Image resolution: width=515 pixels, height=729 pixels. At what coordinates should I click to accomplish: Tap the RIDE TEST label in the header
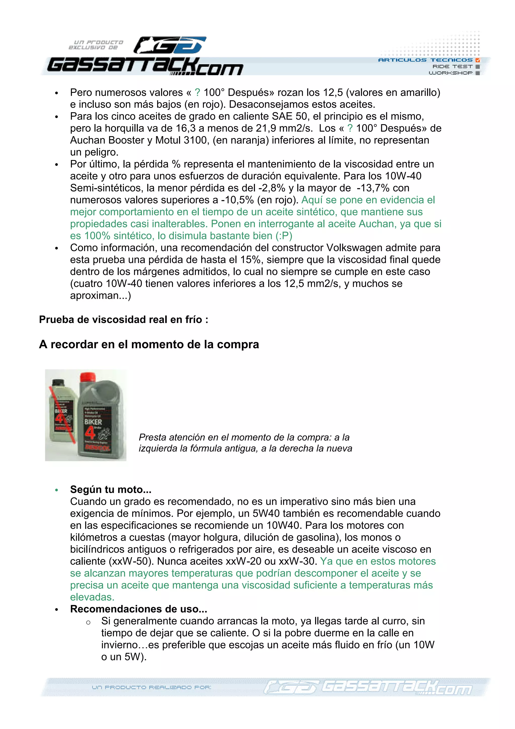tap(452, 66)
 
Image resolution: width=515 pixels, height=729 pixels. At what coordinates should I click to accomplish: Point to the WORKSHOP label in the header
tap(450, 73)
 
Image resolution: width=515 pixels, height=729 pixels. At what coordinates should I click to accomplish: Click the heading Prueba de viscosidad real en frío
tap(123, 319)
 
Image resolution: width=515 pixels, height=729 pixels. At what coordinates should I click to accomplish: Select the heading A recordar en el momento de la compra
tap(149, 344)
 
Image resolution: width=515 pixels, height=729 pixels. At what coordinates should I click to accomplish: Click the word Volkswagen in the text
tap(352, 248)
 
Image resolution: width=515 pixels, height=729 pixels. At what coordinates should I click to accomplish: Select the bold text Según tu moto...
tap(110, 489)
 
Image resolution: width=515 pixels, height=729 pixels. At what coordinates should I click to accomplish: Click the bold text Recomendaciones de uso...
tap(138, 609)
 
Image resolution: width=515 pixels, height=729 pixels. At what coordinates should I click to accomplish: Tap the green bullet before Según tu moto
tap(57, 490)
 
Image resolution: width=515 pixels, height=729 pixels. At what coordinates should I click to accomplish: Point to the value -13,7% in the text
tap(373, 188)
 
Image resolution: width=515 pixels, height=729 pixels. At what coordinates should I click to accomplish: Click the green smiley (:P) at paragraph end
tap(284, 236)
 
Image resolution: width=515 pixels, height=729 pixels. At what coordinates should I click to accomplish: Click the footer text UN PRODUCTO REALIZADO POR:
tap(151, 687)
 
